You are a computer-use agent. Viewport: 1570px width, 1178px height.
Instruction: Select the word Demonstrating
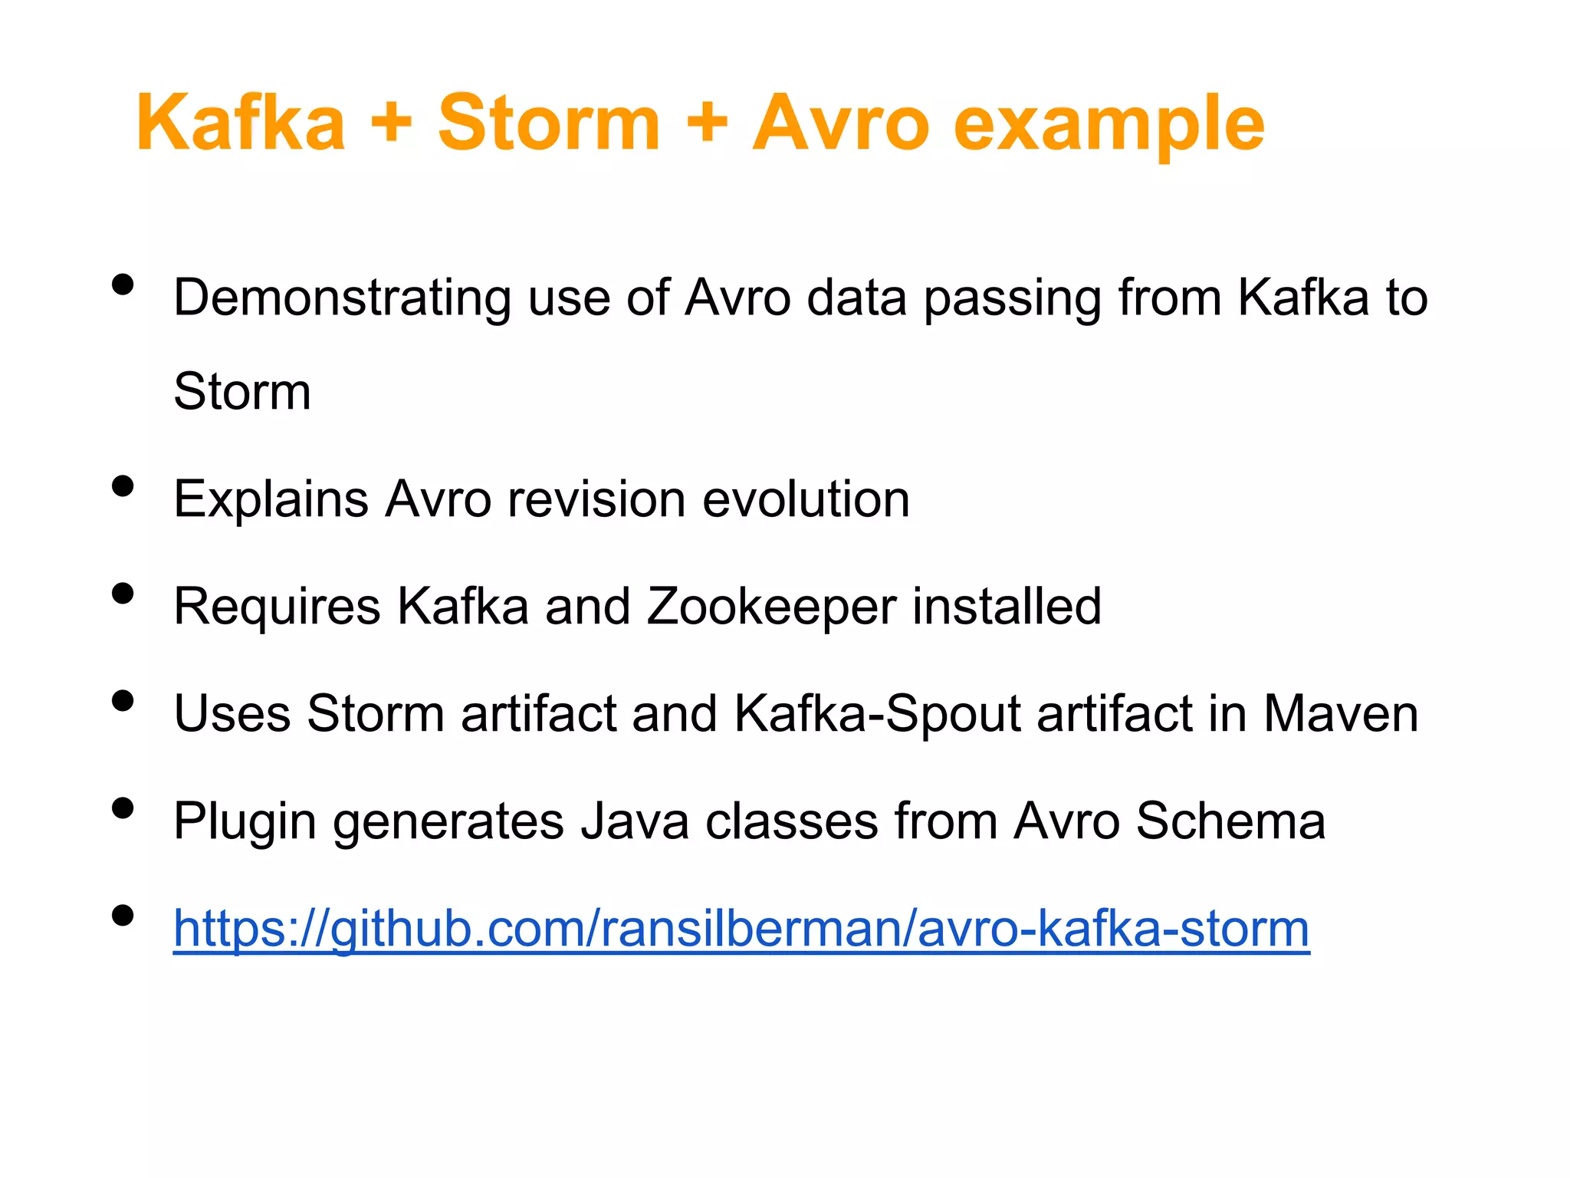[342, 298]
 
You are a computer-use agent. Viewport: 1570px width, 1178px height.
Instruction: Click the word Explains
[271, 500]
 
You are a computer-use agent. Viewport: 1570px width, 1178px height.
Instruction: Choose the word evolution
[806, 500]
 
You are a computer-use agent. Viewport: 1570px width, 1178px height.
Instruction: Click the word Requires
[277, 607]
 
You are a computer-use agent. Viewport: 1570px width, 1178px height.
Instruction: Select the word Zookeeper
[771, 607]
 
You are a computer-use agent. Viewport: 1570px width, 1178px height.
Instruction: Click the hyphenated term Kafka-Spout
[877, 715]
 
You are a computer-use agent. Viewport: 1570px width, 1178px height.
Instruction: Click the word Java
[635, 822]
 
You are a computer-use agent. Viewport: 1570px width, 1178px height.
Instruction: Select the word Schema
[1230, 822]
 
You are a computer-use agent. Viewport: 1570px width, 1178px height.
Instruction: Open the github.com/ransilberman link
[741, 930]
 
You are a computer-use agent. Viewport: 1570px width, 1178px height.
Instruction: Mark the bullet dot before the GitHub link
[123, 916]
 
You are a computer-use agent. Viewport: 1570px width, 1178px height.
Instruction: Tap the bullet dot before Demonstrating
[123, 285]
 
